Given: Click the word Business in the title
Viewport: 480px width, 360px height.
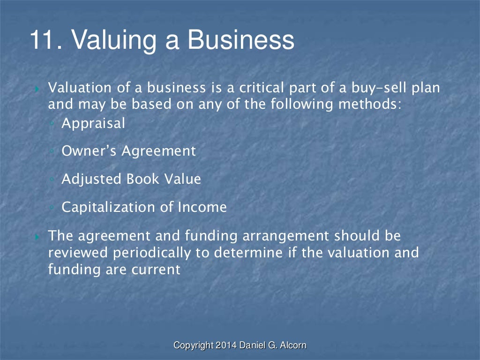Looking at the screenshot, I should point(241,41).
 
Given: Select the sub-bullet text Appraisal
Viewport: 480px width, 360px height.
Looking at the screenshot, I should point(93,124).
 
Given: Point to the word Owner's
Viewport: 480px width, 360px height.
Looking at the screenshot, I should point(89,151).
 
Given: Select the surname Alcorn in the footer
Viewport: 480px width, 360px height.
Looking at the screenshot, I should point(294,346).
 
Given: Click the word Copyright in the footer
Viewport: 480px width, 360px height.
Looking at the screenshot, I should point(193,346).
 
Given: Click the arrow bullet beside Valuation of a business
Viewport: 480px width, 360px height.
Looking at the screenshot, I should point(37,89).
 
